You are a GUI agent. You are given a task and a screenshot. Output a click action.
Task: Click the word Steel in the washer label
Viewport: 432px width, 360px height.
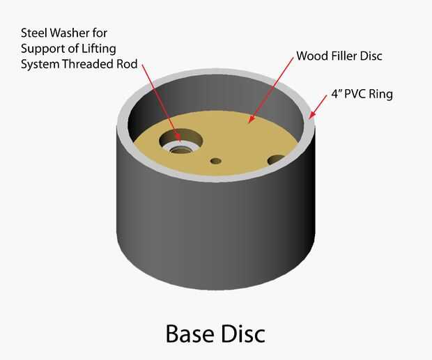34,32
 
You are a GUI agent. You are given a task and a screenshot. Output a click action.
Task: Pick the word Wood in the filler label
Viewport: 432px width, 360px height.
310,55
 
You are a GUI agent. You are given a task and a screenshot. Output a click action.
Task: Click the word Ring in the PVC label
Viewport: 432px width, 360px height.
383,93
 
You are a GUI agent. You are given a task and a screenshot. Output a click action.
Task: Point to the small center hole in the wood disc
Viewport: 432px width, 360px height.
216,161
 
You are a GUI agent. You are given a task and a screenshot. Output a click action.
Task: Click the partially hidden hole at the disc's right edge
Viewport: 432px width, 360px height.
275,160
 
